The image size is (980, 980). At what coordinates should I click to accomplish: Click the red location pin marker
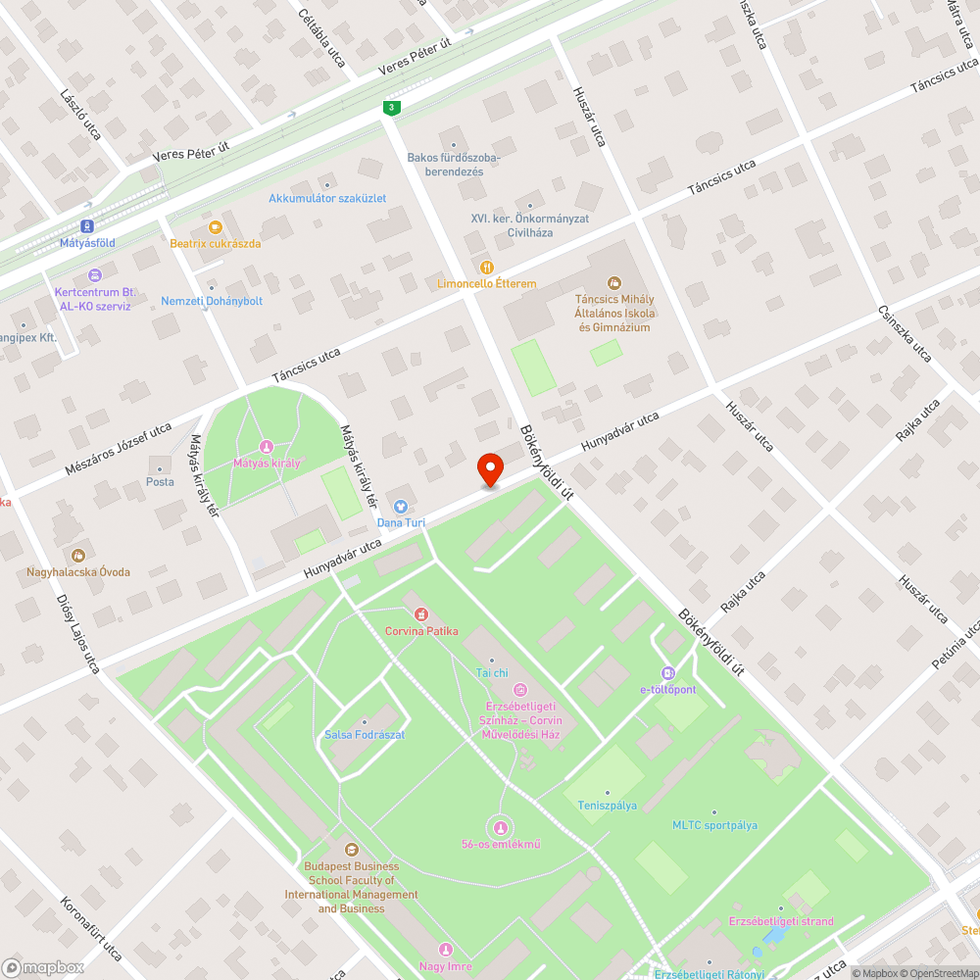tap(489, 470)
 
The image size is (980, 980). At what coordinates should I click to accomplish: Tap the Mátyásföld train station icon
tap(87, 224)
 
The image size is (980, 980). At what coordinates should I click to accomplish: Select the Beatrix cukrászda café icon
tap(216, 227)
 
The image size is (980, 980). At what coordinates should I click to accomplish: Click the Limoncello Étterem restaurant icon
tap(486, 267)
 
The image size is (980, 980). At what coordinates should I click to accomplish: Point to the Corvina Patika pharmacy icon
tap(421, 614)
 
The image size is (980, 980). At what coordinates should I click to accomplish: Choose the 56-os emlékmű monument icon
tap(501, 828)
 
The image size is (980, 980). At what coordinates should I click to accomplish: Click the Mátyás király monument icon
tap(266, 446)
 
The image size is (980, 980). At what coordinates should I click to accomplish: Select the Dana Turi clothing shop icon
tap(400, 507)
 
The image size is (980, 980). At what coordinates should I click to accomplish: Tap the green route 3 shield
tap(392, 107)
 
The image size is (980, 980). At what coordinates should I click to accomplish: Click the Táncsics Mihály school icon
tap(614, 282)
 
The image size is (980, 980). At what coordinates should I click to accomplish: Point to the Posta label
tap(160, 481)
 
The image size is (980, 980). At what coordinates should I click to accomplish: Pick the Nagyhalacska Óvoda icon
tap(78, 556)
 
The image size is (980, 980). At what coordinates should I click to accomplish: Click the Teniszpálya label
tap(607, 806)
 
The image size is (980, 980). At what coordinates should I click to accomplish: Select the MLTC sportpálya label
tap(714, 825)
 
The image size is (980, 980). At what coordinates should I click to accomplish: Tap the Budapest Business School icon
tap(351, 850)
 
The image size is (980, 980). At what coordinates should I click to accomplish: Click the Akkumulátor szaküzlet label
tap(327, 198)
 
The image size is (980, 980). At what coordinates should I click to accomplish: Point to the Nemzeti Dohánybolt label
tap(212, 301)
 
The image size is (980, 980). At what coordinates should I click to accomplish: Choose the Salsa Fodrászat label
tap(365, 735)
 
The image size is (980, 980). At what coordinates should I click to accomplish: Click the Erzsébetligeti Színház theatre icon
tap(519, 690)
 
